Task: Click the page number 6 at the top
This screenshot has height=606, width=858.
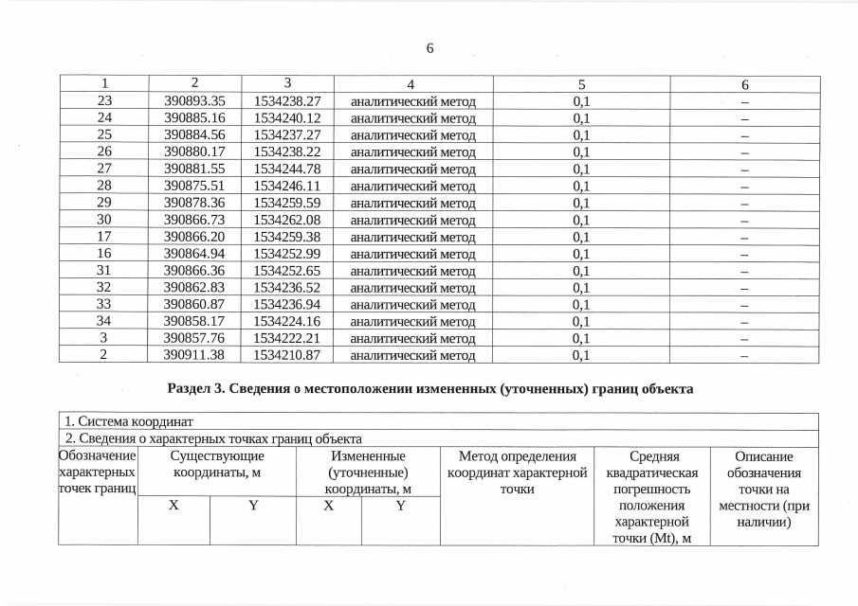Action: coord(429,48)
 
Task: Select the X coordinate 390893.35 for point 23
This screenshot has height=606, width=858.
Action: coord(195,100)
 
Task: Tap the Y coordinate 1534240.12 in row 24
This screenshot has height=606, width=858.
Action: coord(288,117)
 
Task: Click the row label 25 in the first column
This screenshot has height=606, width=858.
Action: coord(104,134)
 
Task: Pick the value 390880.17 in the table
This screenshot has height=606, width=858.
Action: coord(195,151)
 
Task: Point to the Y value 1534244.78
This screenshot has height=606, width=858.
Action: coord(288,169)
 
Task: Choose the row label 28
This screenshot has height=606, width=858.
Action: coord(104,186)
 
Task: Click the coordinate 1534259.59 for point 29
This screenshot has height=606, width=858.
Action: coord(288,203)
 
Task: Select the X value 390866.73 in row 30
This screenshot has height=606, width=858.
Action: coord(195,220)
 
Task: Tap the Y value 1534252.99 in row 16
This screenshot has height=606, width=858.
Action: coord(288,254)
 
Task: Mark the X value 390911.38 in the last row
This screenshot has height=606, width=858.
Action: coord(195,355)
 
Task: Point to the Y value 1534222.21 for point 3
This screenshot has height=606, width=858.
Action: coord(288,338)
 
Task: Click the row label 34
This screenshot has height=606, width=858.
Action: coord(104,321)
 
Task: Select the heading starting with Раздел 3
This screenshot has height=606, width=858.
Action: coord(429,389)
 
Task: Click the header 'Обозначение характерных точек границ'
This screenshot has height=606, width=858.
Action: coord(98,472)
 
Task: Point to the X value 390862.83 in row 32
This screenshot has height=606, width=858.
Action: coord(195,287)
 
